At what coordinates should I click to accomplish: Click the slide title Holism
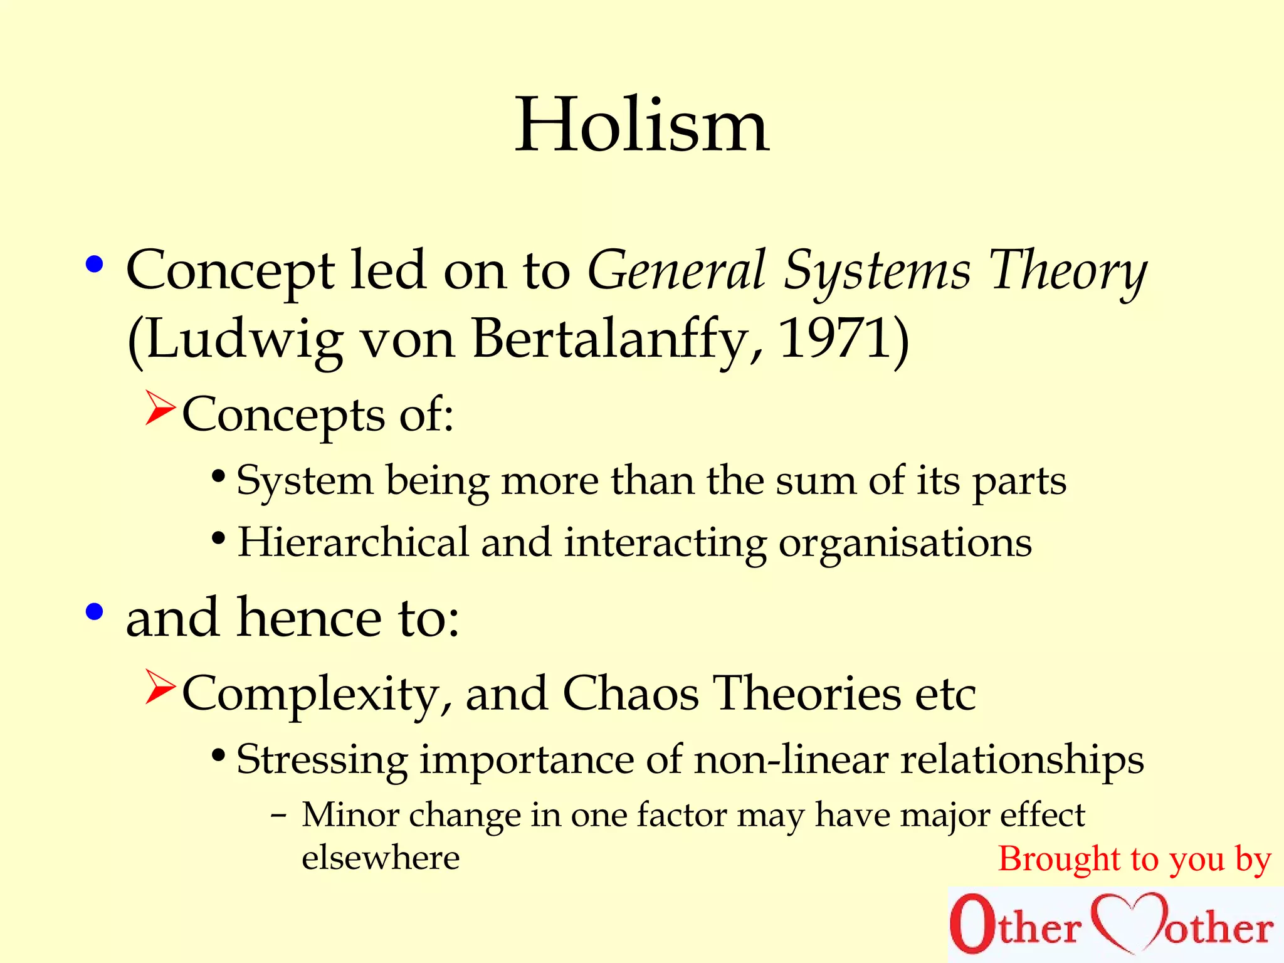pyautogui.click(x=642, y=125)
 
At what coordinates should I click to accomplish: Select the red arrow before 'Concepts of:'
pyautogui.click(x=160, y=408)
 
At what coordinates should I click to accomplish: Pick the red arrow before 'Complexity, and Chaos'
pyautogui.click(x=160, y=687)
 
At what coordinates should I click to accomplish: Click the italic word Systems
pyautogui.click(x=878, y=271)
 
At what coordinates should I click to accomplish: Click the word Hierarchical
pyautogui.click(x=353, y=542)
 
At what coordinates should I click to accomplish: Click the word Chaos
pyautogui.click(x=631, y=694)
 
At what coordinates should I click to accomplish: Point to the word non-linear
pyautogui.click(x=791, y=760)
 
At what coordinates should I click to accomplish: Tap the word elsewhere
pyautogui.click(x=381, y=858)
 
